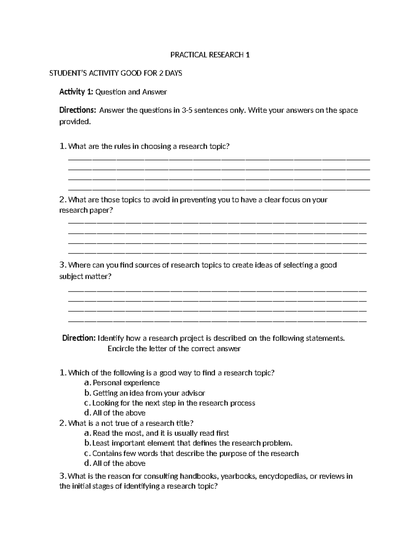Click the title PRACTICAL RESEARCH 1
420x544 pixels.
tap(210, 55)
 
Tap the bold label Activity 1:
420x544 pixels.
tap(76, 92)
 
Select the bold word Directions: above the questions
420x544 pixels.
tap(77, 110)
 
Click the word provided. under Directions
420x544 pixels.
tap(75, 122)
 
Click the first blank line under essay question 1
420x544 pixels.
tap(219, 159)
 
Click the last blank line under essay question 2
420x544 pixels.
tap(217, 252)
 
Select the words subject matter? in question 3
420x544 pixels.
tap(85, 276)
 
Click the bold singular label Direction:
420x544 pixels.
tap(79, 338)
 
